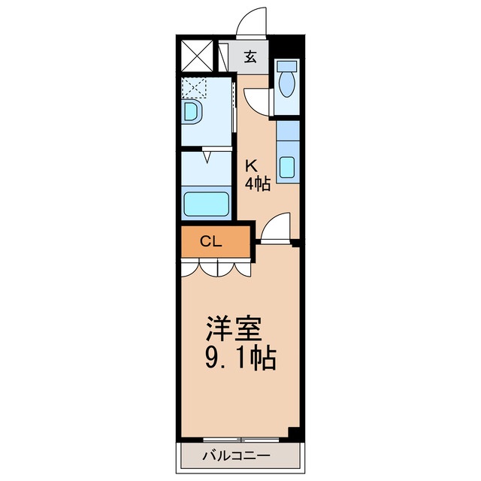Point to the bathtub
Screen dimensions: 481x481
coord(206,204)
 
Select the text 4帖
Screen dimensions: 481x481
coord(257,184)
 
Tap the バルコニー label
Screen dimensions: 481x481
coord(236,455)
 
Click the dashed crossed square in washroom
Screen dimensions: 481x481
coord(193,88)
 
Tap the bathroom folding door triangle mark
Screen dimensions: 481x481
coord(207,156)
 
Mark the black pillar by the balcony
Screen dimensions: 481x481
coord(294,434)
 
